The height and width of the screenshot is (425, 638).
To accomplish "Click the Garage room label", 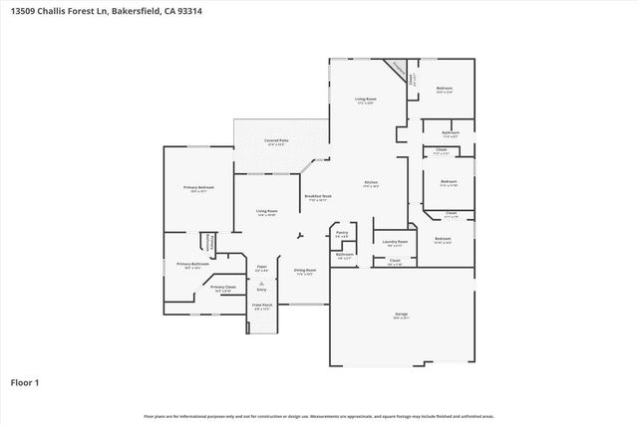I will click(401, 315).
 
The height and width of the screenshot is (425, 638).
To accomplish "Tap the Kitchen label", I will click(370, 184).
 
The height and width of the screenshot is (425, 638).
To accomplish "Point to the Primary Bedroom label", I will click(198, 188).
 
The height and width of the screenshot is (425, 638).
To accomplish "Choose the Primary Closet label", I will click(223, 287).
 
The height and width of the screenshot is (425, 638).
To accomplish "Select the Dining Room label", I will click(305, 270).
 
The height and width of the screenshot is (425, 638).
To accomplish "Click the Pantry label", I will click(342, 234).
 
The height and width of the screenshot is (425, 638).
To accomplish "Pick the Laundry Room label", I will click(396, 242).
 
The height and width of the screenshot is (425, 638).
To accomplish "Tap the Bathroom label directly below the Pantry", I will click(345, 255).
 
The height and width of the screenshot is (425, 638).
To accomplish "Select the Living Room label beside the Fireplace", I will click(365, 100).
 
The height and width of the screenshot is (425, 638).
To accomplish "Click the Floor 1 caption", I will click(25, 382).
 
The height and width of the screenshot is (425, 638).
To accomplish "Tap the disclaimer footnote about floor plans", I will click(319, 416).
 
